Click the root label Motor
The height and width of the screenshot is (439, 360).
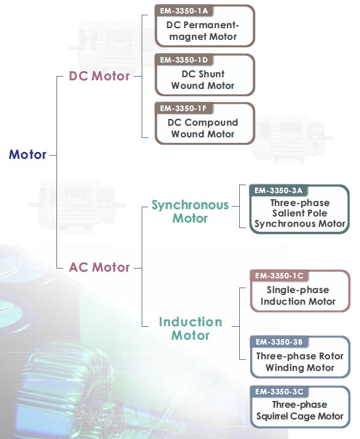coord(28,155)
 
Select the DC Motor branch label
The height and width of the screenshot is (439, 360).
coord(99,76)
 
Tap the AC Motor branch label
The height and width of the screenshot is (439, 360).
coord(99,267)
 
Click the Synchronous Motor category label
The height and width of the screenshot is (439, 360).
coord(190,212)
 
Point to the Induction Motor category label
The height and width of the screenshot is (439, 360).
coord(191,329)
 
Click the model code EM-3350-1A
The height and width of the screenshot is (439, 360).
coord(184,11)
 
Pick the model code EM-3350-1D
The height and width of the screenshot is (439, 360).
coord(184,60)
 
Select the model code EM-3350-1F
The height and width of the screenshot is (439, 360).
coord(183,109)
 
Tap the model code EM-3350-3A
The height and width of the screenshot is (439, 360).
coord(278,191)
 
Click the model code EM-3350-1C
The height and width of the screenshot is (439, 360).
coord(279,276)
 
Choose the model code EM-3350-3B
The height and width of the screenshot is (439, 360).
coord(279,342)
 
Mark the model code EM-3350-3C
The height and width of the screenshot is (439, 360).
coord(279,391)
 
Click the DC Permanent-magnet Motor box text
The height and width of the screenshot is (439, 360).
coord(203,31)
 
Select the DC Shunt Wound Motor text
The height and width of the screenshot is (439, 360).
coord(203,80)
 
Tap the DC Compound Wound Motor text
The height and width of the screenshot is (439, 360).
coord(203,128)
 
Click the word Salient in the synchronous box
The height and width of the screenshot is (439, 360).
coord(285,213)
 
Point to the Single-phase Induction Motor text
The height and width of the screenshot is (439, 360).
coord(298,296)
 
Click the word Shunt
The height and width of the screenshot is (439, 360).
coord(211,74)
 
